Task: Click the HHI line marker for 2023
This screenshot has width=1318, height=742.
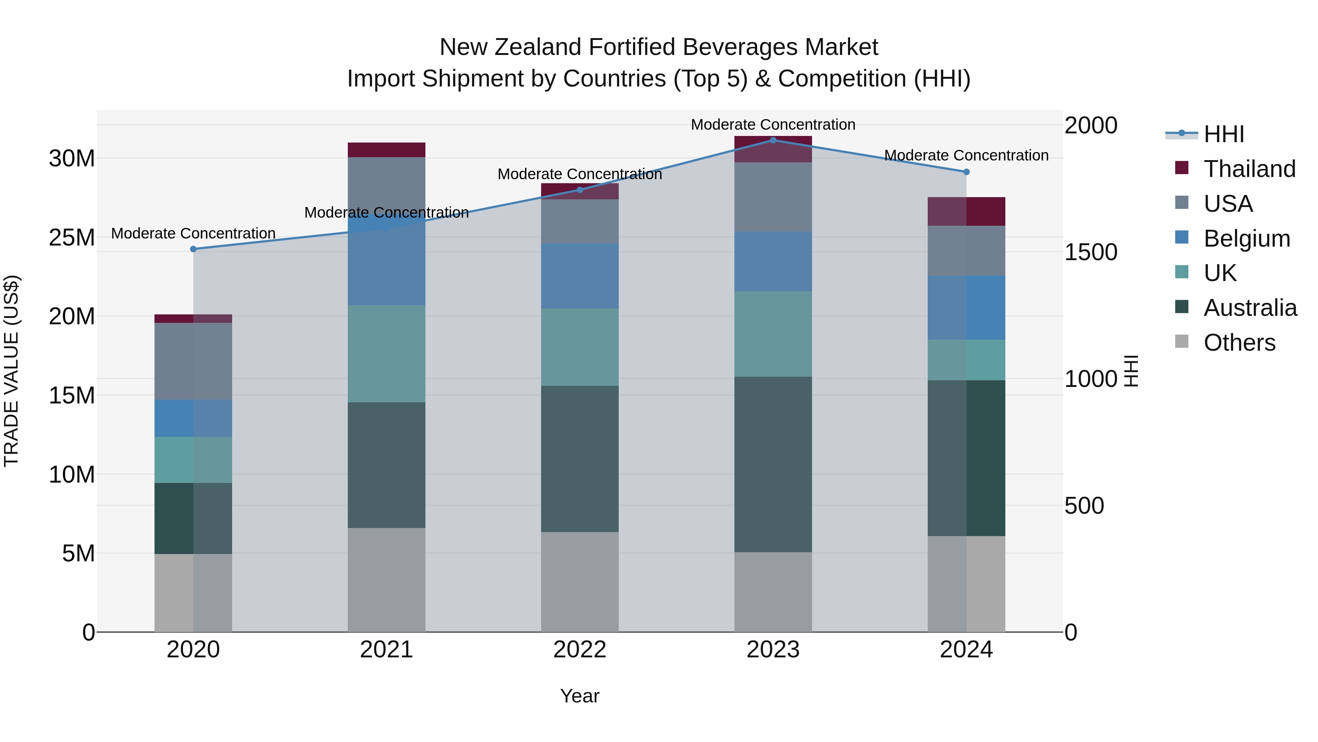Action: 773,140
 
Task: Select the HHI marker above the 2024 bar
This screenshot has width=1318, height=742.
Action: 967,172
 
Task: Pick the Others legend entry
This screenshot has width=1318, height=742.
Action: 1239,343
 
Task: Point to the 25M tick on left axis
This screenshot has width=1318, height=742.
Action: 72,237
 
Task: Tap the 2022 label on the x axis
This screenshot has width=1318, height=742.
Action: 580,650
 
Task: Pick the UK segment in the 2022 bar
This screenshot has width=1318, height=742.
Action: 580,347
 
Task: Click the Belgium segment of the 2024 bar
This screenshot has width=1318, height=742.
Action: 967,308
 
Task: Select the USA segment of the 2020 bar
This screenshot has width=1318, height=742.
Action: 193,362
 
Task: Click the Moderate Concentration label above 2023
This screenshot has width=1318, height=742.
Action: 773,125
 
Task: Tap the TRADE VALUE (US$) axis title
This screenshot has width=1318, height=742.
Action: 11,371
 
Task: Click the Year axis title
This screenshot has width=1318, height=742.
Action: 580,696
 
